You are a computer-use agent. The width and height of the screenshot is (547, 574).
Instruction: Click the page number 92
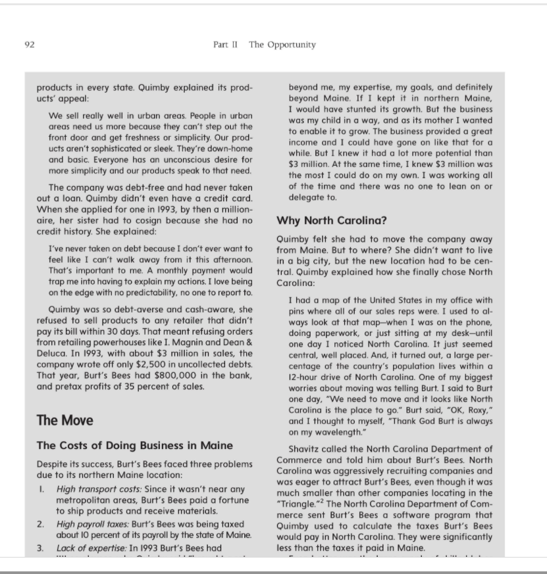pos(29,45)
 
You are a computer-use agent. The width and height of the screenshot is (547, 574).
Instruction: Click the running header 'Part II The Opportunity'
pos(264,45)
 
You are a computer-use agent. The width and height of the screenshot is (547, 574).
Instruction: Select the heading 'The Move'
pos(65,420)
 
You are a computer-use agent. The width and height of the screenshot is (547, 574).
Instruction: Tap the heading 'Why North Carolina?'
pos(331,220)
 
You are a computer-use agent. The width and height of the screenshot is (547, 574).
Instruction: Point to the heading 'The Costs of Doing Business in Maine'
pos(134,446)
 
